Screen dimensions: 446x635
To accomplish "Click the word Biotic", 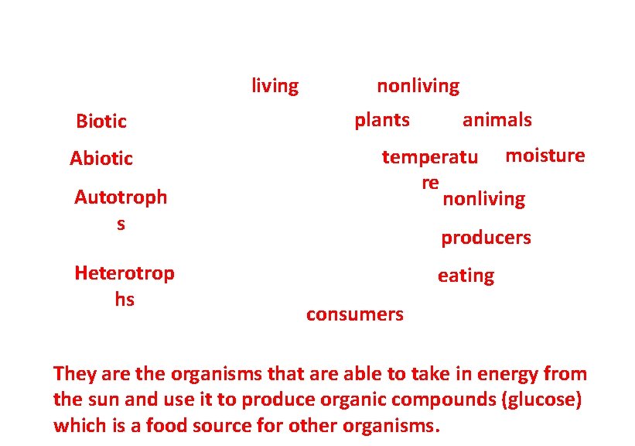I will point(101,122).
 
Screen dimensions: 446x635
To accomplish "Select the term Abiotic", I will point(101,159).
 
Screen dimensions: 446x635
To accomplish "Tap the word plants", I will point(382,120).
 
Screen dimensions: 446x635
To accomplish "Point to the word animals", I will point(497,120).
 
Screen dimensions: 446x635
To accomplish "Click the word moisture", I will point(545,156).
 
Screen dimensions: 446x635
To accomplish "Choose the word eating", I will point(466,276).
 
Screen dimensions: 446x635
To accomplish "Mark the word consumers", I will point(354,314).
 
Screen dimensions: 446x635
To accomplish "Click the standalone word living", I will point(275,86).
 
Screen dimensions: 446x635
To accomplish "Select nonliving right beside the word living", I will point(418,86).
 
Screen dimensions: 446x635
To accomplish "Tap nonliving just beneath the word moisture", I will point(483,200).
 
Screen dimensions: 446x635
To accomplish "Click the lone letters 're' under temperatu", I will point(430,183).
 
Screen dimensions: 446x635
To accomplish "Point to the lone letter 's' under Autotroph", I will point(121,225).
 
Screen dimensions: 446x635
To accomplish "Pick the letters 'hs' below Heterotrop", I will point(125,300).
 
